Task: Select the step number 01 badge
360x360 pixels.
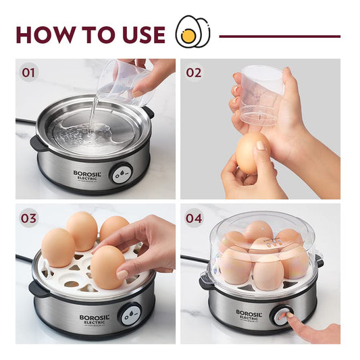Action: (x=29, y=72)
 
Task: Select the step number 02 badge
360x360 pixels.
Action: (x=194, y=72)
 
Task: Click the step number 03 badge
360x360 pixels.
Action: (x=29, y=219)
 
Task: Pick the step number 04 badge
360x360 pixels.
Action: (x=194, y=219)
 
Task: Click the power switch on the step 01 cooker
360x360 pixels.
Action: (x=122, y=172)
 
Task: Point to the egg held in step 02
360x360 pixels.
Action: (x=251, y=153)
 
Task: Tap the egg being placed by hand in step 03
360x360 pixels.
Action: (x=107, y=267)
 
